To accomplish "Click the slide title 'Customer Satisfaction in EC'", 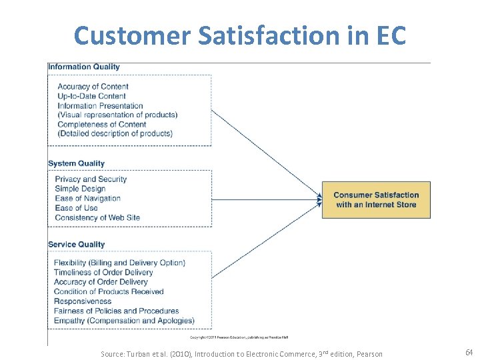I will [240, 35].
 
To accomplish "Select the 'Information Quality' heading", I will [84, 67].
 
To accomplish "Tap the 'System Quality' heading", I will [77, 163].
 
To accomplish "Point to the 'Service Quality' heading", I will [77, 245].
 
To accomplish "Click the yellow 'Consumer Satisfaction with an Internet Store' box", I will [376, 200].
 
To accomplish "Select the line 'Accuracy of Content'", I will [93, 87].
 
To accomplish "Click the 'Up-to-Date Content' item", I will [91, 96].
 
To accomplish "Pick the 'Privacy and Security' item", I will [91, 179].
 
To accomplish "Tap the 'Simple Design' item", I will [80, 189].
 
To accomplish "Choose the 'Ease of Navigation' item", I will [87, 198].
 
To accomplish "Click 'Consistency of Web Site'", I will [97, 217].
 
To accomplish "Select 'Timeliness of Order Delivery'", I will [103, 272].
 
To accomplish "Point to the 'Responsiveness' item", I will [83, 301].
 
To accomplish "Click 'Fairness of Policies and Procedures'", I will [117, 311].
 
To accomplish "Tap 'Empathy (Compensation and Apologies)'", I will [124, 321].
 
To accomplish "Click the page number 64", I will [469, 352].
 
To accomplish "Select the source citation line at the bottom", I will [241, 353].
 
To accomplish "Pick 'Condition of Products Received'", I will [109, 291].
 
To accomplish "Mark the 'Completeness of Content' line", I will [102, 124].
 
